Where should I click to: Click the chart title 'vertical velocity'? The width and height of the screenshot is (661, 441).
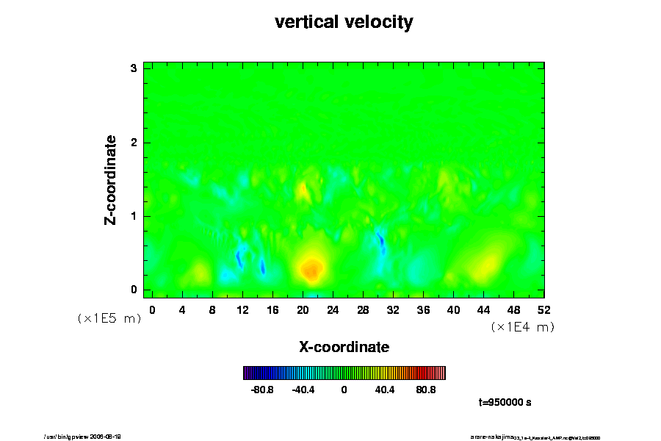[x=344, y=22]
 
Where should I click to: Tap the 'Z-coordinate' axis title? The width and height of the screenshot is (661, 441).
[x=111, y=179]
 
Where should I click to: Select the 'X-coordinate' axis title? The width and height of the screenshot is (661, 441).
[x=344, y=346]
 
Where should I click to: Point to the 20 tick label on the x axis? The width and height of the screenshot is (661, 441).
[x=302, y=309]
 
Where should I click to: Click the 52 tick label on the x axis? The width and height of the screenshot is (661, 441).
[x=543, y=309]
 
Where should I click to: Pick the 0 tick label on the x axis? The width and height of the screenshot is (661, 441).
[x=152, y=309]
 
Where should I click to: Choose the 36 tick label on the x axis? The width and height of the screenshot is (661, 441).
[x=423, y=309]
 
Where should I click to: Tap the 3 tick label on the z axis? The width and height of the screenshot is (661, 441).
[x=134, y=68]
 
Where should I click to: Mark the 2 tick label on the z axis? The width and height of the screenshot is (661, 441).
[x=134, y=143]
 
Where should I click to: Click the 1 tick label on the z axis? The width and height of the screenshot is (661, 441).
[x=134, y=216]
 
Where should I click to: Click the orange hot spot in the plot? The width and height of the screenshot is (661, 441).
[x=311, y=270]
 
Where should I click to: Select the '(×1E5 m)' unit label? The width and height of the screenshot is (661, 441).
[x=109, y=318]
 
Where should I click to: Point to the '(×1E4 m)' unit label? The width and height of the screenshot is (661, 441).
[x=522, y=327]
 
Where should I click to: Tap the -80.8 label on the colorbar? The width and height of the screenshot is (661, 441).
[x=262, y=390]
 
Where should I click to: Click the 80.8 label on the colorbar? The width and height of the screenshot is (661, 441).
[x=426, y=390]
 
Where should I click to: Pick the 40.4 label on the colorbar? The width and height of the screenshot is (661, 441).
[x=385, y=390]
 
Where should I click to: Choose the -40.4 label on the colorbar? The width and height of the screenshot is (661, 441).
[x=303, y=390]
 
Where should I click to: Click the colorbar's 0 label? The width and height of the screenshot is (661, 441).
[x=344, y=390]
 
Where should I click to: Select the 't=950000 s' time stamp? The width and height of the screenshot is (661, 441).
[x=505, y=403]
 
